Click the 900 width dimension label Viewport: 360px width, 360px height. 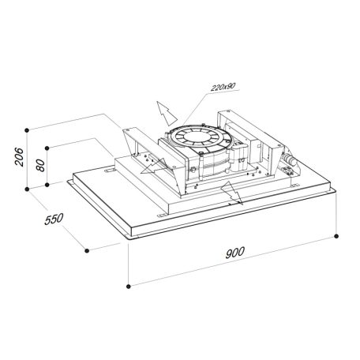[x=234, y=253]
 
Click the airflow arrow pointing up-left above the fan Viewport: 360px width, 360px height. [x=164, y=110]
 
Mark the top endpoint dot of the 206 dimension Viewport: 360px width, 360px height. [x=28, y=128]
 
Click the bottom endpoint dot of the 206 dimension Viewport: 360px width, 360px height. [x=28, y=188]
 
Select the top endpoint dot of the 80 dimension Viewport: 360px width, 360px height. [x=49, y=147]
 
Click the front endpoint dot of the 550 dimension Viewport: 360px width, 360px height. [x=85, y=249]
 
